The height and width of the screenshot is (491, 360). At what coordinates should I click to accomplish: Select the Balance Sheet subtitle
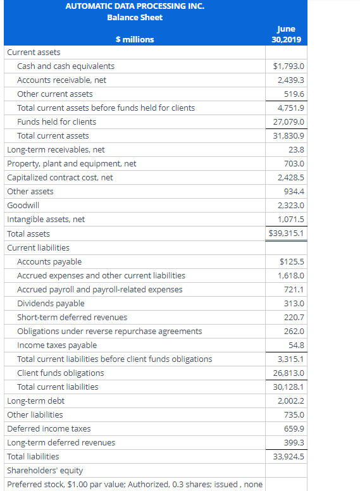(x=135, y=17)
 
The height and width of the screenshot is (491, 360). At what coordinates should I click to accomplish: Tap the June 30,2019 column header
(x=286, y=34)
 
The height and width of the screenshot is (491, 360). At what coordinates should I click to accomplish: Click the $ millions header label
(x=135, y=39)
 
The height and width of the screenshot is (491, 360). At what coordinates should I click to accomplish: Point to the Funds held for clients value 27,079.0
(x=288, y=121)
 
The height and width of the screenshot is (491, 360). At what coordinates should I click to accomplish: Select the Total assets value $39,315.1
(x=287, y=233)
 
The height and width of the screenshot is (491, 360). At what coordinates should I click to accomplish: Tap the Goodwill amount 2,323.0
(x=291, y=205)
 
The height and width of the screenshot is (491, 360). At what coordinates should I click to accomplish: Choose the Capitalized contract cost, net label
(x=60, y=177)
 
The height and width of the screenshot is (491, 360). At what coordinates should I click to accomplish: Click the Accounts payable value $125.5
(x=292, y=261)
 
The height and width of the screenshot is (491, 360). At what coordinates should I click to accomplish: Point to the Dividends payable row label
(x=51, y=303)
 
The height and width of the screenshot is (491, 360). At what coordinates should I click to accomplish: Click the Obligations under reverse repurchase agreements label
(x=109, y=331)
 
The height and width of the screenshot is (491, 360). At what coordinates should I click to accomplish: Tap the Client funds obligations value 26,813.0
(x=288, y=373)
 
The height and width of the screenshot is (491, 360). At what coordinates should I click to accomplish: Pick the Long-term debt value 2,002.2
(x=291, y=401)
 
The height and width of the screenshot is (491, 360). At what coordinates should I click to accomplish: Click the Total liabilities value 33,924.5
(x=288, y=456)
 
